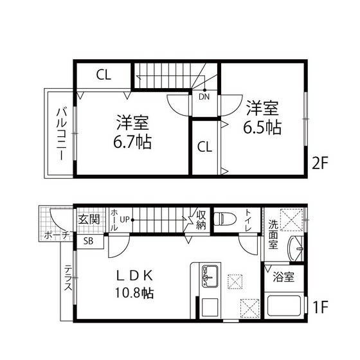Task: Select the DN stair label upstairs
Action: click(203, 98)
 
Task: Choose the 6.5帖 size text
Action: click(262, 127)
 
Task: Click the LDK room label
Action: click(134, 275)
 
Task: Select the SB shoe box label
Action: click(88, 241)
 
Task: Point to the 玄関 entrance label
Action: click(88, 219)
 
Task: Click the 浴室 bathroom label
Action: click(283, 278)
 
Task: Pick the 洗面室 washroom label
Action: click(273, 234)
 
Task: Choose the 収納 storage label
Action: click(201, 219)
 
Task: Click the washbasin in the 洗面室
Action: click(296, 247)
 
